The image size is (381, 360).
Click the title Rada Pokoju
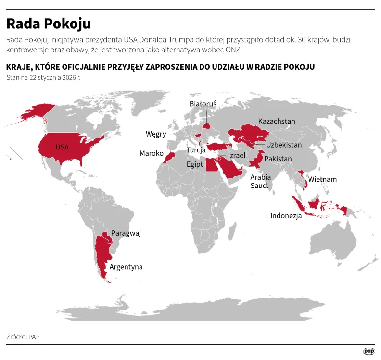coord(48,23)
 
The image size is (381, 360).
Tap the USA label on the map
coord(62,147)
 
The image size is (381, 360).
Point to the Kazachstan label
coord(277,121)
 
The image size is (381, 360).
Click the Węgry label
coord(156,134)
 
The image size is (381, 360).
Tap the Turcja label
coord(196,150)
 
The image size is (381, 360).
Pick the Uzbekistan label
coord(284,145)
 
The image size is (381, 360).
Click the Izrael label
coord(237,156)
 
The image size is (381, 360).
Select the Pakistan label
coord(278,159)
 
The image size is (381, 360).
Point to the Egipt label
coord(195,164)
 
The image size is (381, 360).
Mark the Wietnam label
coord(322,180)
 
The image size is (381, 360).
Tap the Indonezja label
coord(286,216)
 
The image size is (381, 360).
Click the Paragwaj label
coord(126,233)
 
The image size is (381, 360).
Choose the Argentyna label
coord(126,267)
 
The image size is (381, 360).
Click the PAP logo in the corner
coord(368,352)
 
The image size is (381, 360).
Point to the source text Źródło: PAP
coord(23,336)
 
